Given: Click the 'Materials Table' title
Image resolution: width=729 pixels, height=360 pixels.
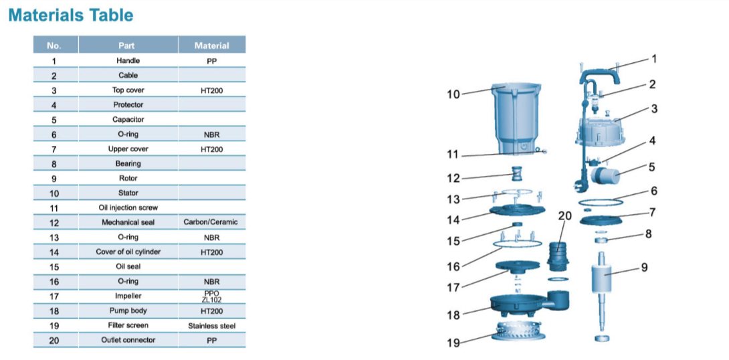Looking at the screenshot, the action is pos(71,15).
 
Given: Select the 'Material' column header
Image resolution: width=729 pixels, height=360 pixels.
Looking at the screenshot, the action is pos(211,46).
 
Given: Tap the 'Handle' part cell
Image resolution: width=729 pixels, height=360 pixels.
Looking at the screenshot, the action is pos(128,60).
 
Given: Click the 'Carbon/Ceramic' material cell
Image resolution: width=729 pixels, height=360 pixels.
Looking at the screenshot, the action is pos(211,222).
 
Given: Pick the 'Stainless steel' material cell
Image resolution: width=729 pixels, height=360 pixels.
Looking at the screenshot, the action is pos(211,326).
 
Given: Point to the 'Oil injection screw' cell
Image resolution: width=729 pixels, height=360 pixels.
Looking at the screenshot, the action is pos(128,208).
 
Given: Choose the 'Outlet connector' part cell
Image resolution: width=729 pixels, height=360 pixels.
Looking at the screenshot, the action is pos(128,340).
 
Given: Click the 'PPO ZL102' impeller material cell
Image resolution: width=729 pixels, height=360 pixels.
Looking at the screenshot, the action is pos(211,296).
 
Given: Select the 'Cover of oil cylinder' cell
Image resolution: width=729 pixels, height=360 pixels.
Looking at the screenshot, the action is pos(128,252).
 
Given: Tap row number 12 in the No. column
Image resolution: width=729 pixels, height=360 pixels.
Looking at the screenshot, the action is pos(54,223).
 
